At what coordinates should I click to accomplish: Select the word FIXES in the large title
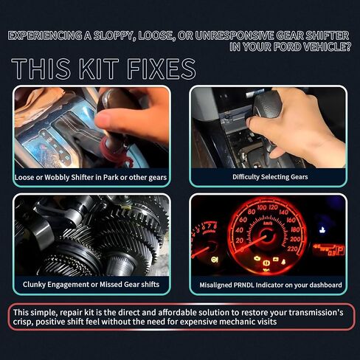162,69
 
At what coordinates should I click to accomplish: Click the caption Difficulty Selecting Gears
270,177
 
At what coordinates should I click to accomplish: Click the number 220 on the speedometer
292,249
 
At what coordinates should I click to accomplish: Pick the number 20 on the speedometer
239,240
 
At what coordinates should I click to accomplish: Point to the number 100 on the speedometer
262,207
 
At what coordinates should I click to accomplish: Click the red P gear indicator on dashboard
340,250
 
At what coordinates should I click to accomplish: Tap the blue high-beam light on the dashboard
322,230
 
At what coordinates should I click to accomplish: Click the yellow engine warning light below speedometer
257,258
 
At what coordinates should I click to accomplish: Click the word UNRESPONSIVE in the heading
235,36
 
